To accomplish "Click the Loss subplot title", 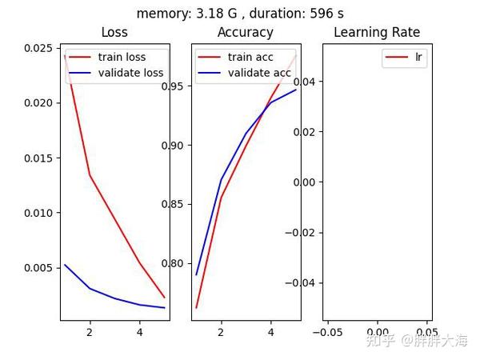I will (x=114, y=33).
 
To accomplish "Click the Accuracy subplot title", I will (x=245, y=33).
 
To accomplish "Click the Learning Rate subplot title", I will (x=377, y=33).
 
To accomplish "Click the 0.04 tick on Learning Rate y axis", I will (x=306, y=82).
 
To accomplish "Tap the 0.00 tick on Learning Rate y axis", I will (x=306, y=182).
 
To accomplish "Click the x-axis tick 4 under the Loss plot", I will (x=139, y=331).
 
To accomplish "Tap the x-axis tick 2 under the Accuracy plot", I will (x=220, y=331).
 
